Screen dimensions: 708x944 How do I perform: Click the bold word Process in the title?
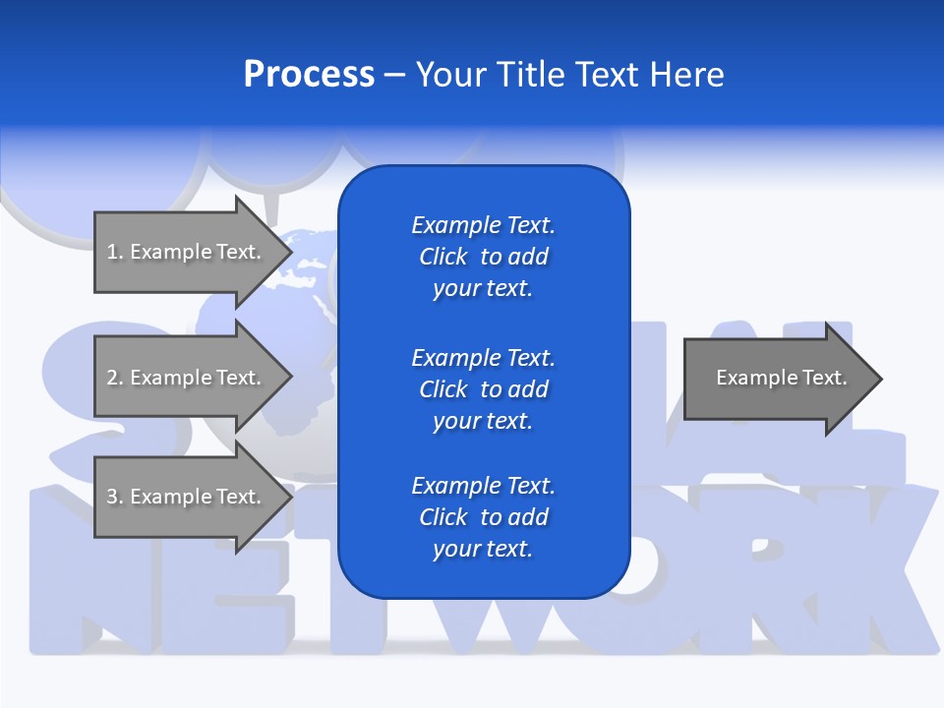(x=309, y=75)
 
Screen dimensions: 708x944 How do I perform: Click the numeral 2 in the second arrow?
(x=112, y=378)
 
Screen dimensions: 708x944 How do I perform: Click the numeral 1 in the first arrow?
(x=112, y=252)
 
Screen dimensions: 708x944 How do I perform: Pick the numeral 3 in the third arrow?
(x=112, y=497)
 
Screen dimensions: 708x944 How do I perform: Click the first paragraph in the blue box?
(x=483, y=257)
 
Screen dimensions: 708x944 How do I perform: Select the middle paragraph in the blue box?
(x=483, y=389)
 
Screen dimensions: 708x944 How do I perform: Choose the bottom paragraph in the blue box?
(x=483, y=517)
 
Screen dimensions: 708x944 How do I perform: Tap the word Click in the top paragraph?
(x=443, y=257)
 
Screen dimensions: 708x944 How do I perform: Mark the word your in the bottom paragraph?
(x=453, y=549)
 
